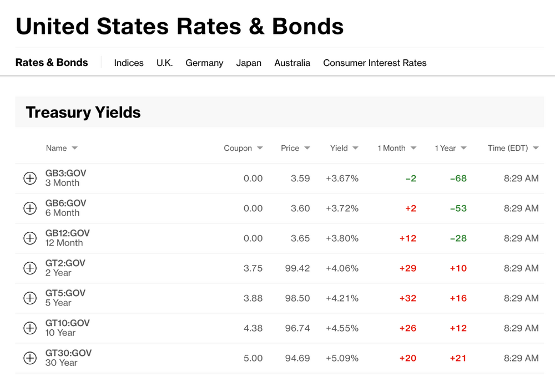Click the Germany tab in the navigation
click(x=204, y=63)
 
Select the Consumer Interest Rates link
click(x=375, y=63)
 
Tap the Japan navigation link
click(x=249, y=63)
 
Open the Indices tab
click(x=129, y=63)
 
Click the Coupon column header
click(x=238, y=148)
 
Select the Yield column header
click(x=339, y=148)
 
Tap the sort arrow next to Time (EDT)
click(x=536, y=148)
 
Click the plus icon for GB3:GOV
click(x=30, y=179)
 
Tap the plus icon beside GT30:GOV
click(x=30, y=358)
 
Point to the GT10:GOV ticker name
click(x=67, y=323)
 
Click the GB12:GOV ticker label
click(x=67, y=233)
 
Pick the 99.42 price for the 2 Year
click(x=297, y=268)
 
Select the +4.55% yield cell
click(x=342, y=328)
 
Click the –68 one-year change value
click(x=458, y=179)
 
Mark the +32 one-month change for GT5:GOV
click(x=408, y=298)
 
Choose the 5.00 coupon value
click(x=253, y=358)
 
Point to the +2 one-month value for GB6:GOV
click(x=411, y=208)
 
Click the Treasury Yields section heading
click(x=83, y=113)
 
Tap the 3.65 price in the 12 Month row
click(x=300, y=238)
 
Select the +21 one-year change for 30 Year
click(x=458, y=358)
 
